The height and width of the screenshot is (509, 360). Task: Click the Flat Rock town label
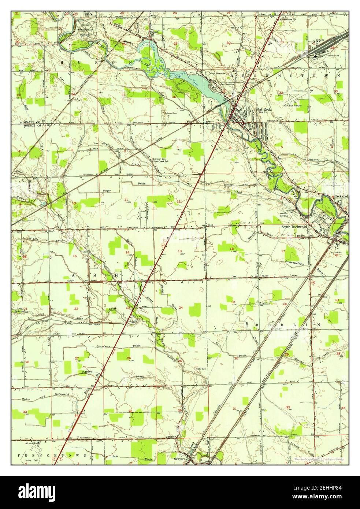tap(263, 109)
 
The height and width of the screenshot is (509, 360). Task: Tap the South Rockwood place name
tap(294, 227)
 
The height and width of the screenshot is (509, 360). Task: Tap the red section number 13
tap(180, 251)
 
